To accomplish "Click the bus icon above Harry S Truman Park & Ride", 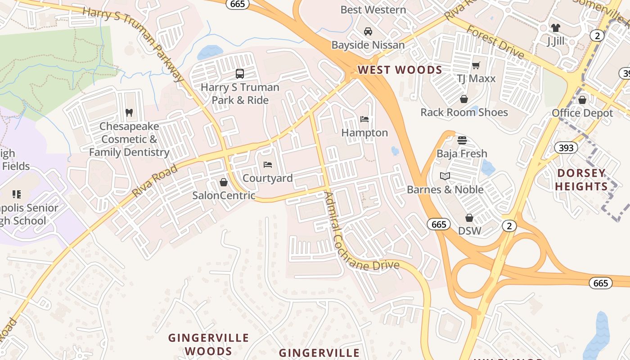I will (240, 73).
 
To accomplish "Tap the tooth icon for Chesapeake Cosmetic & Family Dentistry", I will (129, 112).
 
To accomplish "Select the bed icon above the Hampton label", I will (364, 119).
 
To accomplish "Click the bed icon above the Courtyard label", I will (268, 164).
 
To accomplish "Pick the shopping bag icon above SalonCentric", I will (223, 182).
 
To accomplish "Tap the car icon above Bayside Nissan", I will (368, 31).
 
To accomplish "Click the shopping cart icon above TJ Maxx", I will (476, 65).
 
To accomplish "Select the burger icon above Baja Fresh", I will (462, 140).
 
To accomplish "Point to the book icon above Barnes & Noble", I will (445, 176).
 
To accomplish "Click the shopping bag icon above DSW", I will (469, 218).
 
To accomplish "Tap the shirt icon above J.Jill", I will (555, 28).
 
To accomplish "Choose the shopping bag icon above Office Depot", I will (582, 99).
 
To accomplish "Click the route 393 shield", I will (566, 148).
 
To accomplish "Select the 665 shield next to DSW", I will (438, 224).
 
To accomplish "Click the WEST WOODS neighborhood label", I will (400, 70).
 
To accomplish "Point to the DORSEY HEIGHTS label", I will (581, 180).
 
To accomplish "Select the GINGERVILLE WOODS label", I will (208, 344).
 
